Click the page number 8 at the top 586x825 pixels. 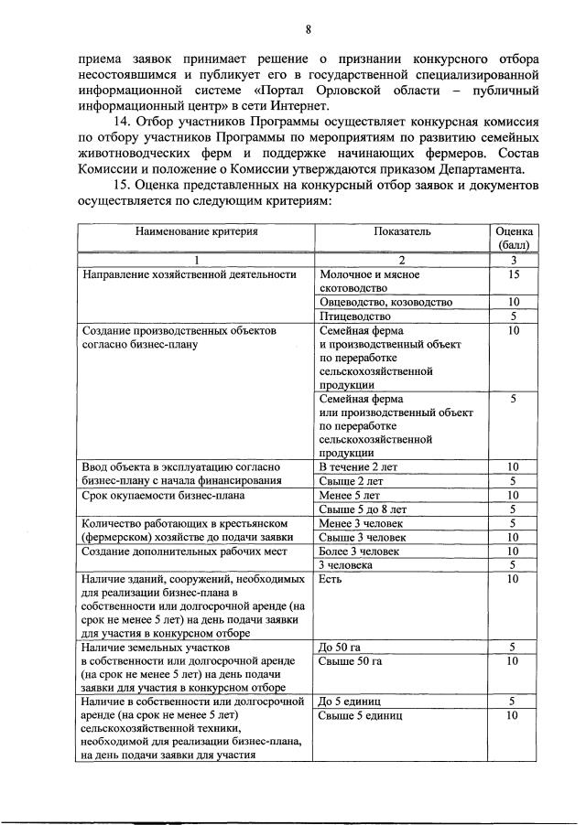309,29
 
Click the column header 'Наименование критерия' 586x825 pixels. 197,232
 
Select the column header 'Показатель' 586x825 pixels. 401,232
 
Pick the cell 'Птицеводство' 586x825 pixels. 354,316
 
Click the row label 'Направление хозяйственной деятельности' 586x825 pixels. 190,274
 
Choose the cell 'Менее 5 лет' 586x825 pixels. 349,496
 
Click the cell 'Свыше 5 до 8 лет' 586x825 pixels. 363,509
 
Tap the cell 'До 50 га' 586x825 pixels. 341,648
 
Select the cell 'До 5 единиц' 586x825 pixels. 350,702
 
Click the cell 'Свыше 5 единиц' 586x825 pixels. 359,715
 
